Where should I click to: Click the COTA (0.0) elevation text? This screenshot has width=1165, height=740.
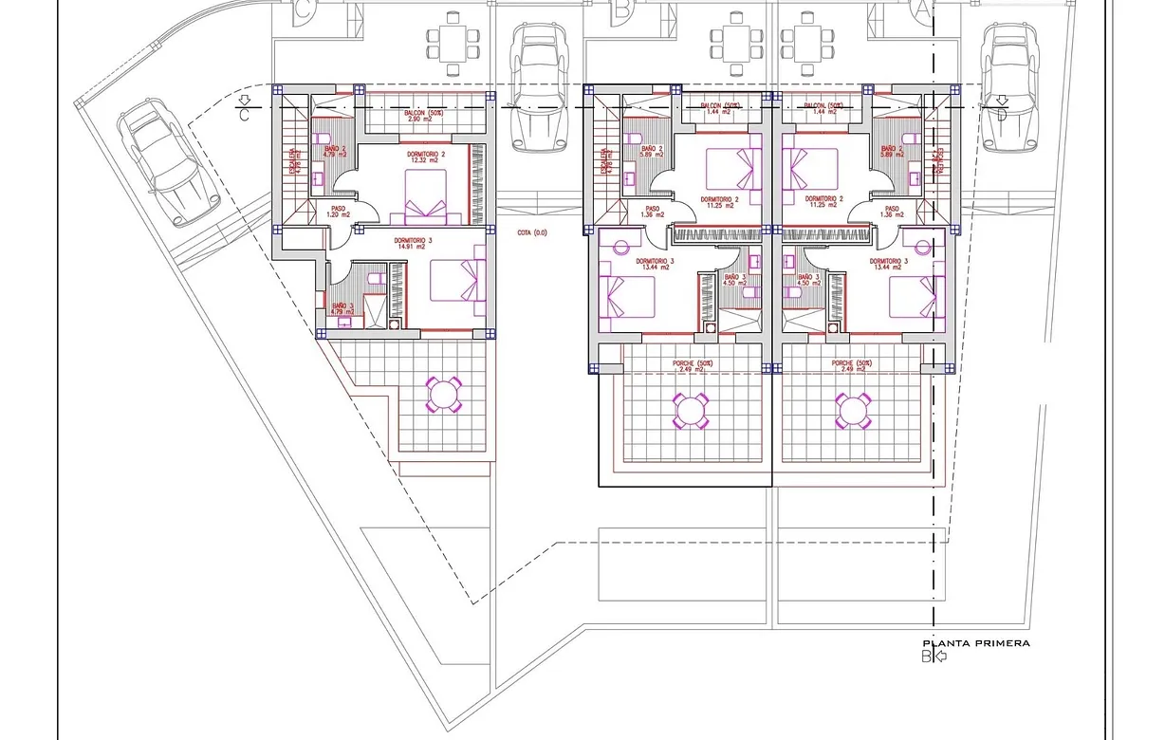(x=532, y=232)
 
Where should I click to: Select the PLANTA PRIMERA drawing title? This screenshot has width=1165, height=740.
(x=976, y=643)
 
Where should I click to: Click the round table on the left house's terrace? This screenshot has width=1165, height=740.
(x=443, y=394)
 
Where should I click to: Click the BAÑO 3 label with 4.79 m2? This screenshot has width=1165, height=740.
(x=342, y=308)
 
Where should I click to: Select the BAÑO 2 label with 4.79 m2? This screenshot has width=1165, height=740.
(x=335, y=152)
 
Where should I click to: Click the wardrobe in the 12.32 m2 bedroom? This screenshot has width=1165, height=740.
(x=478, y=184)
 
